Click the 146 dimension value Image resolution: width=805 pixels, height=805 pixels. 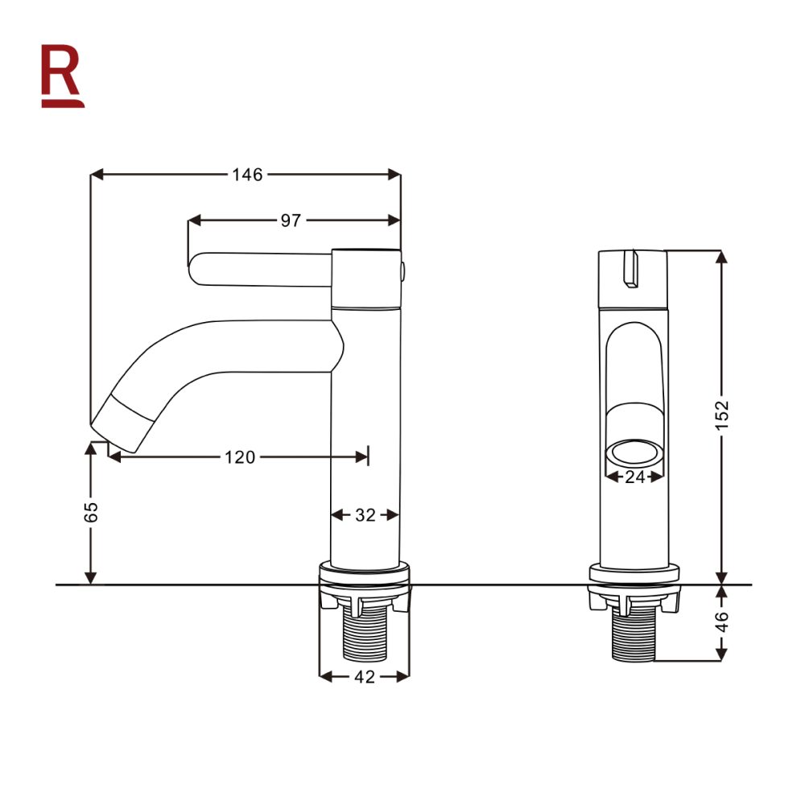(x=247, y=175)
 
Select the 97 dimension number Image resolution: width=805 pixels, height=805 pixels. (x=291, y=221)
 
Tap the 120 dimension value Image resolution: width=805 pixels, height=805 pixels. (x=239, y=457)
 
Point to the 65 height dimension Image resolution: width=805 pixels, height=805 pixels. (x=91, y=512)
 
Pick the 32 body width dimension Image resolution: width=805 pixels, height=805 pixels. (x=365, y=515)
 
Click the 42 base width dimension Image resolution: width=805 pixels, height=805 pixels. (x=365, y=677)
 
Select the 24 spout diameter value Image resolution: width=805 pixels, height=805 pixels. (x=635, y=477)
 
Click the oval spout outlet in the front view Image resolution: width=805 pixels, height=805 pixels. (x=635, y=452)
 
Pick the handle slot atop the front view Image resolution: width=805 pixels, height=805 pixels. (x=630, y=267)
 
